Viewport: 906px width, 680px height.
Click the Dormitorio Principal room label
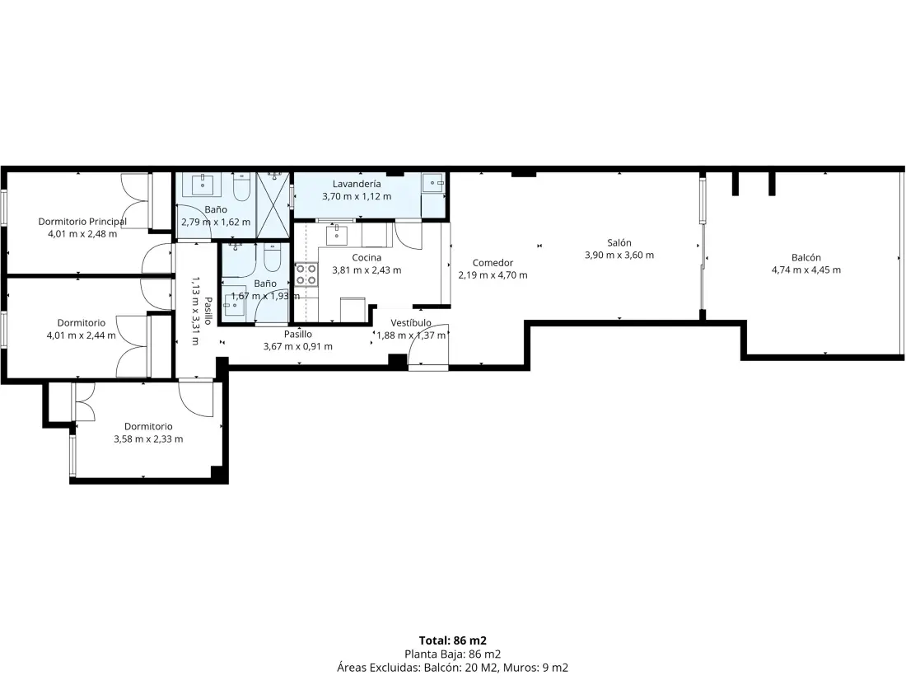(82, 222)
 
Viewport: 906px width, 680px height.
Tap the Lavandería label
(357, 184)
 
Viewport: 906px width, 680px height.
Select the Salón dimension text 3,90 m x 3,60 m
(619, 255)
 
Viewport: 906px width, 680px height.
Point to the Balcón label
(806, 257)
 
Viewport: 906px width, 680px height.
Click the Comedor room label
(493, 262)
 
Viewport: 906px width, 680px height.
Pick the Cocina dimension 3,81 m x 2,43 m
(367, 270)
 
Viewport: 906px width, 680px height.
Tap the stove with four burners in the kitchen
(306, 274)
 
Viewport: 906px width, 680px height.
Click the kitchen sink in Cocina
(337, 235)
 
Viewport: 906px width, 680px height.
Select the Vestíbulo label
(411, 322)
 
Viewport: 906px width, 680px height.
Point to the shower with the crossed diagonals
(273, 204)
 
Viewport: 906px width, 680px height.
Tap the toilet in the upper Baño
(241, 187)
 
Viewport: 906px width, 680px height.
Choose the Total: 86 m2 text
(452, 640)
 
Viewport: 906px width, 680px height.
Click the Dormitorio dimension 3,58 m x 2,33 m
(148, 438)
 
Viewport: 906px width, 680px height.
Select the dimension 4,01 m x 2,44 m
(81, 335)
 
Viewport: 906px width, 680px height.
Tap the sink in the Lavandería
(432, 183)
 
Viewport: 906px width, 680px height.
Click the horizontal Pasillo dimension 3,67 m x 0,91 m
(297, 346)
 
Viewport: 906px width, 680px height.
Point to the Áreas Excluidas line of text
(452, 668)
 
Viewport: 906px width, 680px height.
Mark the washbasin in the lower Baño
(235, 304)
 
